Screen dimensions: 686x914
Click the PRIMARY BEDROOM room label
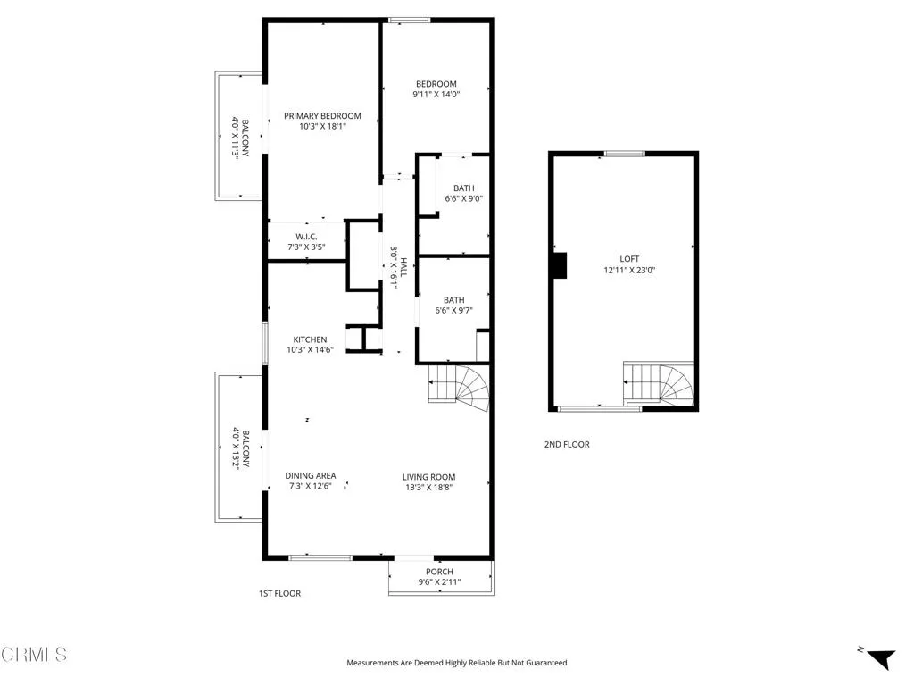pos(322,116)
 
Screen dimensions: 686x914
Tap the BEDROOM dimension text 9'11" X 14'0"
pos(436,95)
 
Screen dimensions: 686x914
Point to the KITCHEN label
pos(310,339)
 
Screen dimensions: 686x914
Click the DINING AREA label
pos(310,475)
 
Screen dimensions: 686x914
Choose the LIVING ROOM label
pos(428,477)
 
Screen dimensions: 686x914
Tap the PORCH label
pos(439,572)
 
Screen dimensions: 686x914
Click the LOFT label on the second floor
pos(630,258)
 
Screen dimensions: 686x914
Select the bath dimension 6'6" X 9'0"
pos(463,199)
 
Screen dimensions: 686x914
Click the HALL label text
pos(403,267)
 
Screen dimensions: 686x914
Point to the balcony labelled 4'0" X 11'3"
pos(237,137)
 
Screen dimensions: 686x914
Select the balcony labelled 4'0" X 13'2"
pos(237,447)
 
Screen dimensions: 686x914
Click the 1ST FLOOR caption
pos(279,593)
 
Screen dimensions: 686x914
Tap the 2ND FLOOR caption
pos(567,444)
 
